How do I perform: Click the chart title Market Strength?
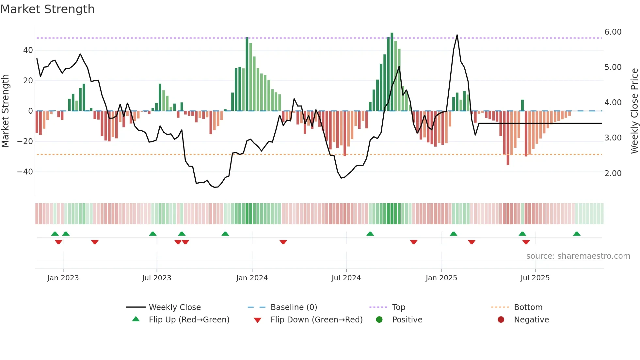tap(47, 9)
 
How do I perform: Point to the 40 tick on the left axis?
tap(28, 50)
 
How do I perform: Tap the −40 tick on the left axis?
tap(25, 172)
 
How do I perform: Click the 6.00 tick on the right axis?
tap(613, 32)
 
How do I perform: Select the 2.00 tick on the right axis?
tap(613, 173)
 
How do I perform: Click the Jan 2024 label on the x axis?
tap(252, 278)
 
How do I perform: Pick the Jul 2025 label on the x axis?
tap(535, 278)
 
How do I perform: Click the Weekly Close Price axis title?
tap(634, 111)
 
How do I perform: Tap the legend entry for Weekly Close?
tap(174, 307)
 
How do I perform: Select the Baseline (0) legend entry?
tap(294, 307)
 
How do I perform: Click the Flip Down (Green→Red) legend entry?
tap(316, 320)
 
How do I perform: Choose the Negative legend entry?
tap(531, 320)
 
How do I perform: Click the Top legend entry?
tap(398, 307)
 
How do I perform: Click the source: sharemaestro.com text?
tap(578, 256)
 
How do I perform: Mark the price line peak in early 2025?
tap(457, 35)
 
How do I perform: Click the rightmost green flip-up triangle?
tap(577, 234)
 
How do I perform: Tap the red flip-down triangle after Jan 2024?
tap(283, 242)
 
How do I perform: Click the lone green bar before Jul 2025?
tap(522, 105)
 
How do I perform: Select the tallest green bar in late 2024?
tap(392, 72)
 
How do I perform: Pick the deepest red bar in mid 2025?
tap(508, 138)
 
